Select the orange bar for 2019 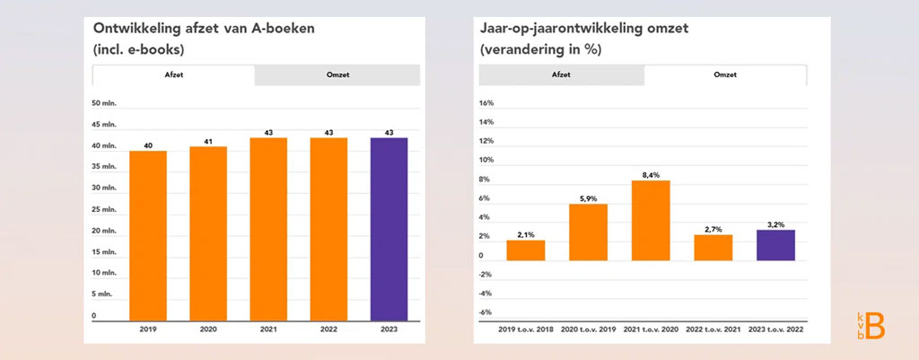[x=148, y=235]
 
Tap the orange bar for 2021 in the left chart [x=268, y=229]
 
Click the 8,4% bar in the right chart [x=650, y=221]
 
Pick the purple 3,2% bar [x=775, y=245]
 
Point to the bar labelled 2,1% [x=525, y=250]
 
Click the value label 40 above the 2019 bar [x=148, y=145]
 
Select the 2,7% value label [x=713, y=229]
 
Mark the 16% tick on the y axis [x=486, y=103]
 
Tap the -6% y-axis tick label [x=486, y=312]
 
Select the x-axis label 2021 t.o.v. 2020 [x=651, y=330]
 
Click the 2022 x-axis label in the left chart [x=328, y=330]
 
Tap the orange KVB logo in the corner [x=871, y=326]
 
